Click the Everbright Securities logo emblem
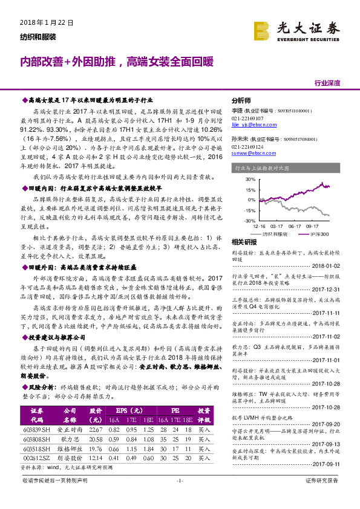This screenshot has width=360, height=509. point(262,30)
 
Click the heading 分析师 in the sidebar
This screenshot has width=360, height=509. point(242,102)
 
